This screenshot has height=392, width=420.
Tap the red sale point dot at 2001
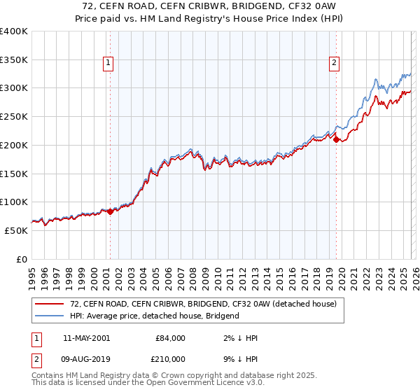coord(110,211)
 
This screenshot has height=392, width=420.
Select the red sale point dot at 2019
coord(336,140)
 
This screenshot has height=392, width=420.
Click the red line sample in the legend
coord(50,304)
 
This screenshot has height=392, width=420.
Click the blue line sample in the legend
coord(50,316)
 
